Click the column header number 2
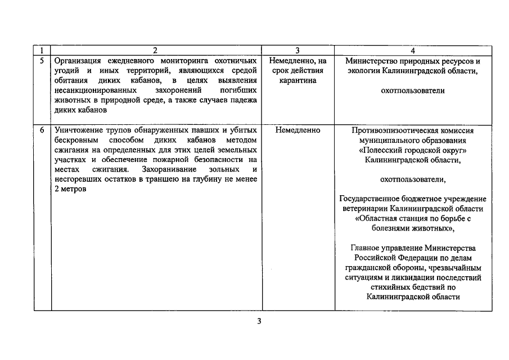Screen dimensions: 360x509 coord(155,51)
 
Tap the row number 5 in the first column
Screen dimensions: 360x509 coord(42,60)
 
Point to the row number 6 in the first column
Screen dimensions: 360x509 coord(42,130)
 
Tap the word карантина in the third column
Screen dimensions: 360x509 coord(297,80)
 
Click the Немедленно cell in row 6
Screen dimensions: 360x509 coord(298,130)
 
